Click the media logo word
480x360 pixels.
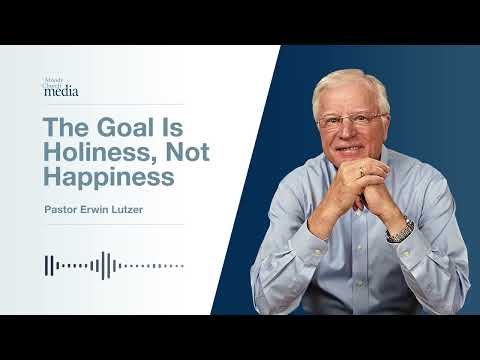[x=63, y=92]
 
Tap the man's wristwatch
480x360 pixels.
[x=401, y=229]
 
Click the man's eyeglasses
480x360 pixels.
[x=351, y=120]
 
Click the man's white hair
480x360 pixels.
[x=350, y=85]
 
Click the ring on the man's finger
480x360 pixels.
[x=361, y=172]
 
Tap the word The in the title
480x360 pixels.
[x=66, y=130]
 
